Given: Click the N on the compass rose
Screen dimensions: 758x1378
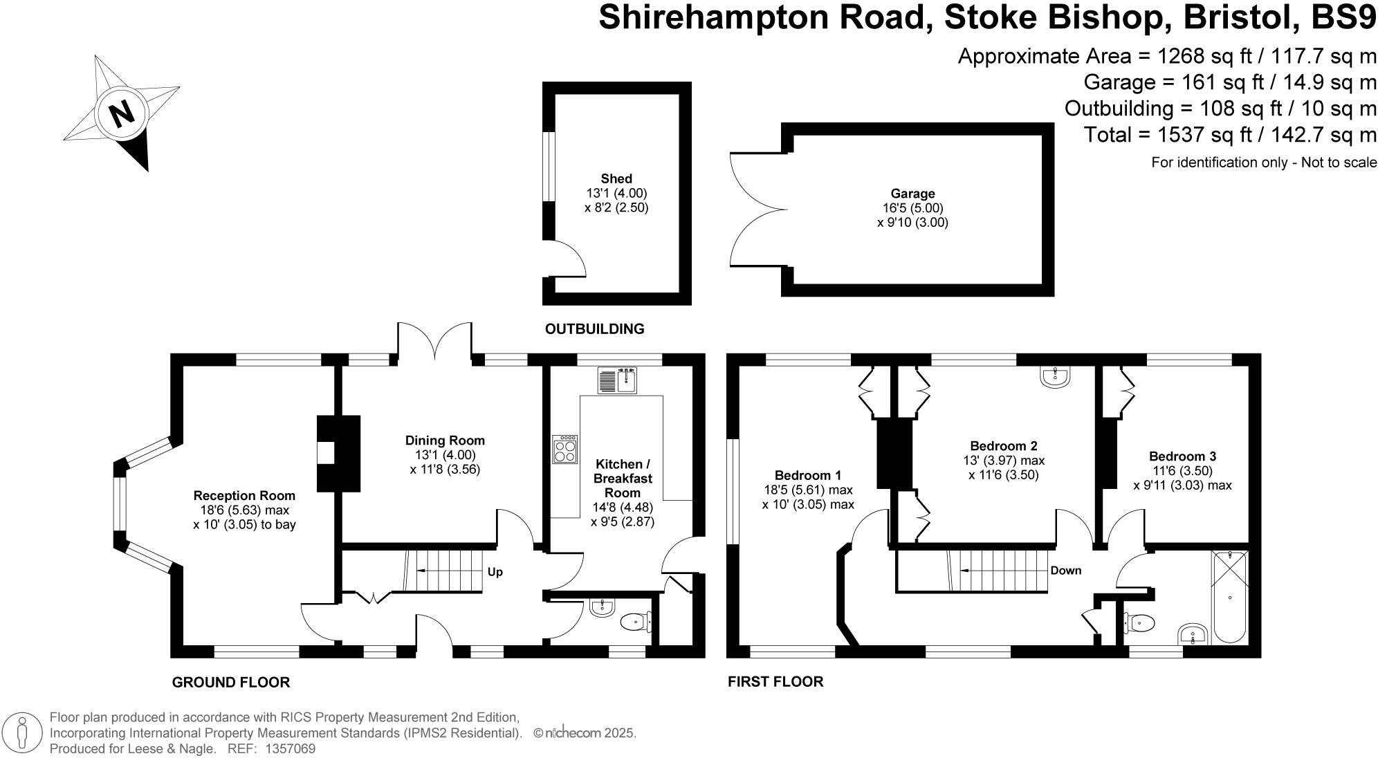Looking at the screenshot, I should click(122, 113).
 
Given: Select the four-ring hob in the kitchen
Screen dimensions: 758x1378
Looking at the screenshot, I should click(564, 450).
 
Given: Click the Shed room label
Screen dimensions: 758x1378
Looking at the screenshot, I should click(616, 178).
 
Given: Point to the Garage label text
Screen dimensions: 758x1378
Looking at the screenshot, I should click(912, 194).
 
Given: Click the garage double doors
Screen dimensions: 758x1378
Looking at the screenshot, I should click(757, 209).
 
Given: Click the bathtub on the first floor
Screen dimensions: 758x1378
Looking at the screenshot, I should click(1230, 596).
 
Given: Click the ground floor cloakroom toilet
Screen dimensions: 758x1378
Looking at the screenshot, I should click(634, 622).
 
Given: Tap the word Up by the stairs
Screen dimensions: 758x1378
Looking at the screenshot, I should click(495, 572).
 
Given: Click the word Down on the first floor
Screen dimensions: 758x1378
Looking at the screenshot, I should click(1065, 571).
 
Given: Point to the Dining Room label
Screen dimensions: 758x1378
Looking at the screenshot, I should click(445, 441).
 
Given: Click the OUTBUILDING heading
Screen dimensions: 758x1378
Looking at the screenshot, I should click(594, 329).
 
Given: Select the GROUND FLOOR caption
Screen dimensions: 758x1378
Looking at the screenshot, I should click(230, 683).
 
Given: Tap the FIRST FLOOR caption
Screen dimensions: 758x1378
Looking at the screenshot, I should click(775, 682).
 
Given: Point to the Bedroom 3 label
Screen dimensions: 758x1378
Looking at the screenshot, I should click(1182, 456).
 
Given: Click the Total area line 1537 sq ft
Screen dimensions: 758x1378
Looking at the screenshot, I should click(1230, 134).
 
